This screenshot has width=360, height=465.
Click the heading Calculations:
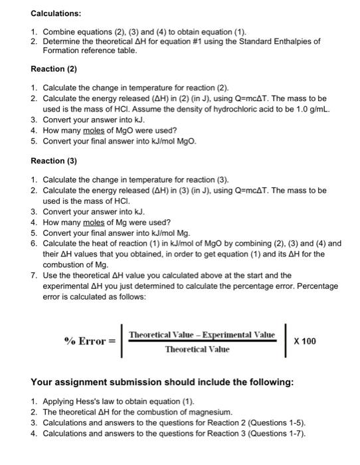pos(56,13)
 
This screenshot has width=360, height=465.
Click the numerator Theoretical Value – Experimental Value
pos(203,333)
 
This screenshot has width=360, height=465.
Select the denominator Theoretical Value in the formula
pos(197,349)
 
